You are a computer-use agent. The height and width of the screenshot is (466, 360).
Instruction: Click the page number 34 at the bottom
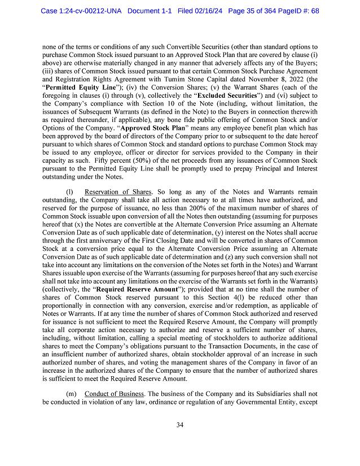179,425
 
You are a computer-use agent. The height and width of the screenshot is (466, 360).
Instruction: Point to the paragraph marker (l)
69,192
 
